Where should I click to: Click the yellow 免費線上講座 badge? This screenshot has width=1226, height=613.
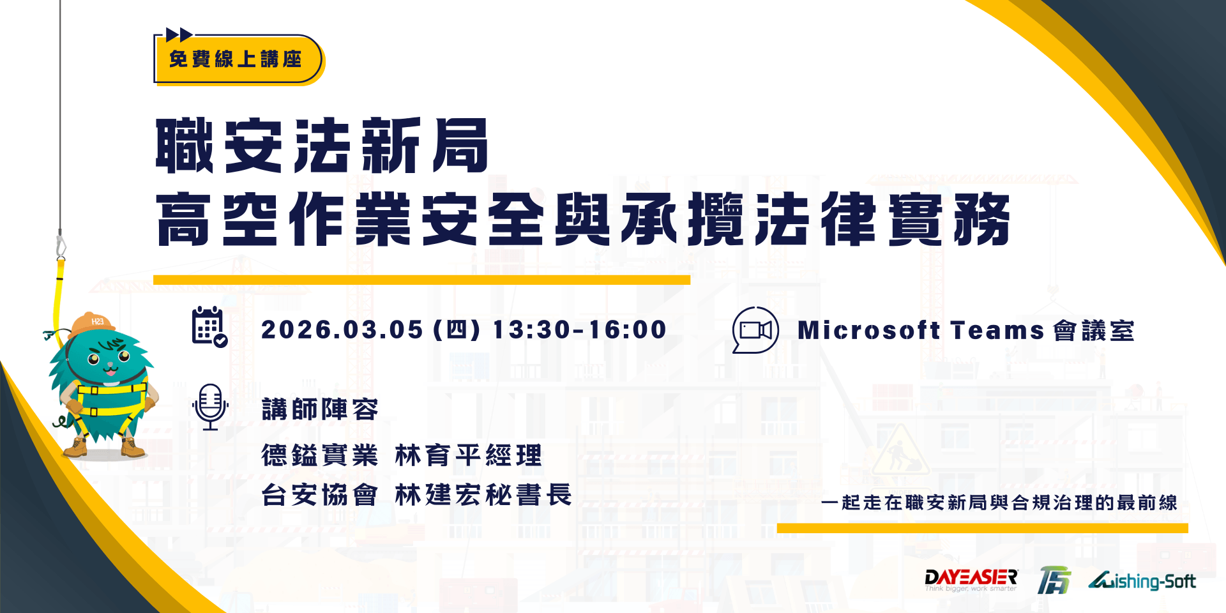(236, 59)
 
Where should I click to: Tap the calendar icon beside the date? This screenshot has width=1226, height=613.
(209, 327)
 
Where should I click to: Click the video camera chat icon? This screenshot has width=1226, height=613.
(755, 329)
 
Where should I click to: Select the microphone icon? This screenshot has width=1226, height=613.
(210, 407)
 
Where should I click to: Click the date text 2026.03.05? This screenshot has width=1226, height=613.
(342, 330)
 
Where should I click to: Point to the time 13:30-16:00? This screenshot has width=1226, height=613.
(580, 330)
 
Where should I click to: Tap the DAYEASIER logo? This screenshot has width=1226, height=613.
(971, 580)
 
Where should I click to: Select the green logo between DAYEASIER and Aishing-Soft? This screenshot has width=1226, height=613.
(1054, 580)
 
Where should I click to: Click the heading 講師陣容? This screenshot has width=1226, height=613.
(320, 409)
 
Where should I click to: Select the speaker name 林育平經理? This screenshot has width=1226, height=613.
(468, 456)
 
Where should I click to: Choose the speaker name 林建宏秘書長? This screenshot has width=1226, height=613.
(483, 495)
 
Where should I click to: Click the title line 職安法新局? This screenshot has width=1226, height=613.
(322, 146)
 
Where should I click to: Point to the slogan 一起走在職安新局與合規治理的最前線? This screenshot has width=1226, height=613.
(999, 503)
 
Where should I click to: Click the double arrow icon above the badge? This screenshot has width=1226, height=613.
(179, 34)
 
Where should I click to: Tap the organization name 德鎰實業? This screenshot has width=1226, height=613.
(320, 456)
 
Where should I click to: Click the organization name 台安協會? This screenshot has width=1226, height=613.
(320, 495)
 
